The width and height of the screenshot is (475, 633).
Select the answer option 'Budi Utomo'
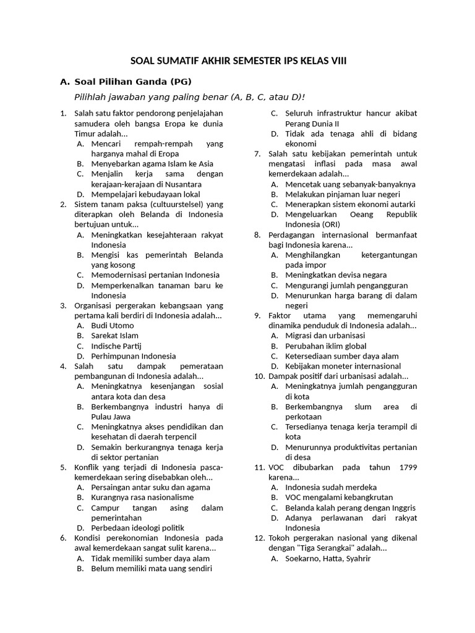click(112, 325)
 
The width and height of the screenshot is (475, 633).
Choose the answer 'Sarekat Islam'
click(114, 336)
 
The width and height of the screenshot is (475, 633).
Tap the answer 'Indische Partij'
click(116, 346)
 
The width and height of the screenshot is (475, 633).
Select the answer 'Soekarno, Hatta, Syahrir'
click(328, 559)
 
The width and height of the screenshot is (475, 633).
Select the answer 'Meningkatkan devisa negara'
click(336, 274)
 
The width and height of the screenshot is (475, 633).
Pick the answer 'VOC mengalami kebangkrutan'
click(339, 498)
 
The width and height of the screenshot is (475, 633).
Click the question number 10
click(260, 376)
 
